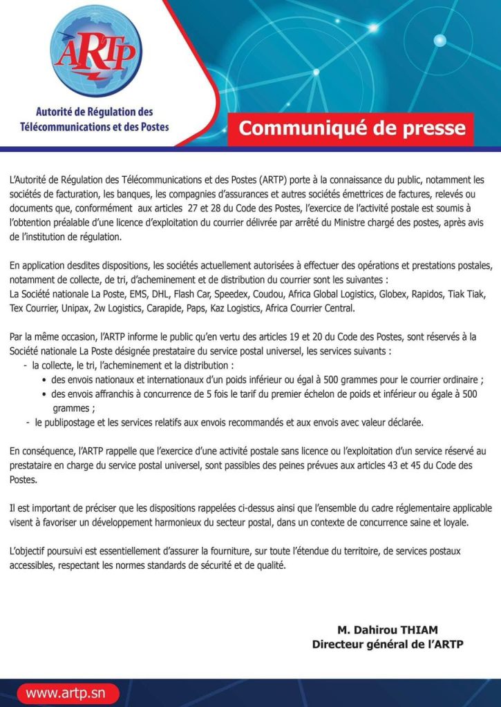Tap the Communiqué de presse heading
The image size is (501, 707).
tap(352, 128)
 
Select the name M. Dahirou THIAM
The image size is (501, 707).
tap(388, 630)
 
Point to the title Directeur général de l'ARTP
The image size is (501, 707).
tap(388, 644)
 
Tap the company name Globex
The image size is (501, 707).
tap(388, 294)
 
